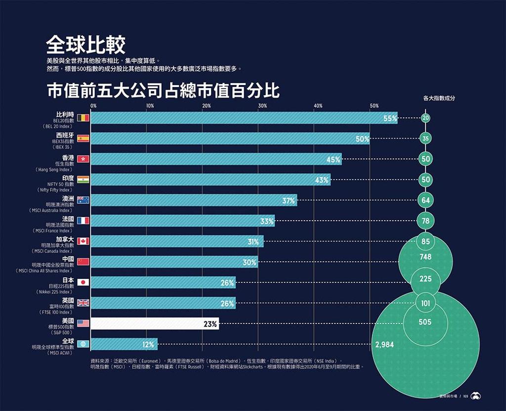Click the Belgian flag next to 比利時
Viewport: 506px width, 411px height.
83,118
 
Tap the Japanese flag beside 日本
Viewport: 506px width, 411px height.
83,282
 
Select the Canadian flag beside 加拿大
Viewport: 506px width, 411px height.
83,241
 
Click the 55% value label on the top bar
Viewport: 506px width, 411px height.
390,118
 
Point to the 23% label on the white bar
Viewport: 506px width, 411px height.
211,324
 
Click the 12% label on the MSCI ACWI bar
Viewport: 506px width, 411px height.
148,345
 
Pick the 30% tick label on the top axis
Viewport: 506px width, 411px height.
262,106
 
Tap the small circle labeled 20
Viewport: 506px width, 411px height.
425,118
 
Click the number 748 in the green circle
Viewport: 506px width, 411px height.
425,257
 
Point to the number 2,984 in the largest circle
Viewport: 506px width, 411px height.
384,345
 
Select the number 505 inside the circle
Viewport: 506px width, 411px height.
425,322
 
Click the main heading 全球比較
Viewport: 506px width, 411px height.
85,45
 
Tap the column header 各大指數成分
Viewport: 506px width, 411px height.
439,98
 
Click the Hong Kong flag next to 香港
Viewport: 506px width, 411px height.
83,159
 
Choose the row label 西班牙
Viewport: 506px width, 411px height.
65,135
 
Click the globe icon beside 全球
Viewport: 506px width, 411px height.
83,344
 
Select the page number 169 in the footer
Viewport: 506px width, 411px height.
465,396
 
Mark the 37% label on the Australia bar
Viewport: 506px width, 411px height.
289,201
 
